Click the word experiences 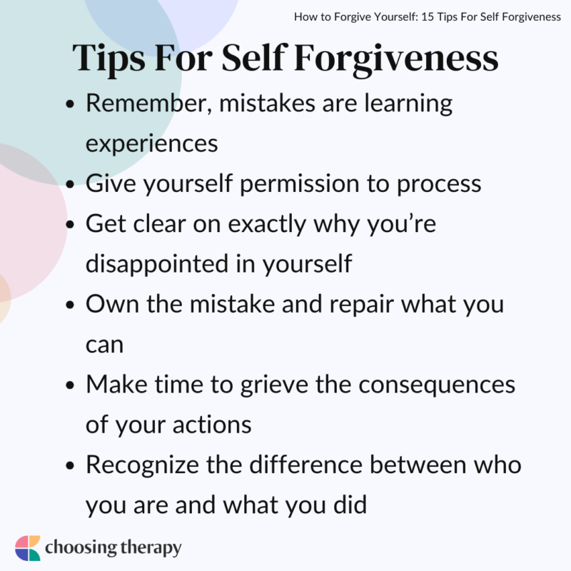pyautogui.click(x=152, y=143)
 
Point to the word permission pyautogui.click(x=300, y=183)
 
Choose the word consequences pyautogui.click(x=438, y=385)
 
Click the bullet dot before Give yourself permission pyautogui.click(x=69, y=185)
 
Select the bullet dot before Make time pyautogui.click(x=69, y=386)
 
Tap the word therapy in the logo pyautogui.click(x=147, y=549)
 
